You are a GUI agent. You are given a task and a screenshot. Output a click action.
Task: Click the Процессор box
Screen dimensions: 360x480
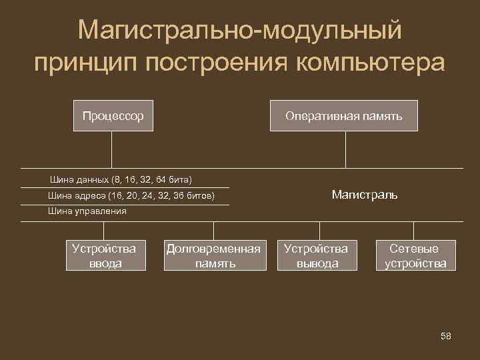click(113, 116)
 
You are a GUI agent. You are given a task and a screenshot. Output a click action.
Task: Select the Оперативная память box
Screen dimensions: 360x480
click(343, 116)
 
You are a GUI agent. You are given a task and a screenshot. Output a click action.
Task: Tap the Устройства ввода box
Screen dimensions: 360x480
click(103, 256)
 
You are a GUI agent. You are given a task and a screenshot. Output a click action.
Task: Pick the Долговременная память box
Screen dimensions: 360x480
click(213, 256)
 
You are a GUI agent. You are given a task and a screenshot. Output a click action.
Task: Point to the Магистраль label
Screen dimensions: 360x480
click(364, 195)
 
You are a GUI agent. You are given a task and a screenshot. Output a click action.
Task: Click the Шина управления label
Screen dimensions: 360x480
click(87, 211)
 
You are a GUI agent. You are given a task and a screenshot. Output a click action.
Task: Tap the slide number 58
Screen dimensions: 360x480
click(446, 336)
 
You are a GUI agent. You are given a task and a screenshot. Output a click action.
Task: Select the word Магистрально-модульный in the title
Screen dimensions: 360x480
click(239, 30)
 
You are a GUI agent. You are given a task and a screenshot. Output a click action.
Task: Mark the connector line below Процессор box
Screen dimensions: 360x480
click(112, 148)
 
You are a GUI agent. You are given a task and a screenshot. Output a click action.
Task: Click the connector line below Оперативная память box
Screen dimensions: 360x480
click(345, 148)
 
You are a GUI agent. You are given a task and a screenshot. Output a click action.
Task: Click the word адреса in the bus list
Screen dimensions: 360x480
click(87, 197)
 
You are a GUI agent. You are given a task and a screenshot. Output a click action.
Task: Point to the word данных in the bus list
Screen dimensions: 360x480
click(91, 180)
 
